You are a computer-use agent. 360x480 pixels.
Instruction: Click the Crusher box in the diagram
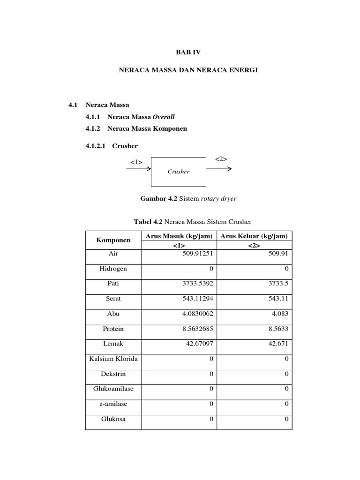179,172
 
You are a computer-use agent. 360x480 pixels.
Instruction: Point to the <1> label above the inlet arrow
136,162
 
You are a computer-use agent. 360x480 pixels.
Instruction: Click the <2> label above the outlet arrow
221,159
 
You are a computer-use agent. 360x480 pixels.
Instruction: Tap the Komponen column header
113,240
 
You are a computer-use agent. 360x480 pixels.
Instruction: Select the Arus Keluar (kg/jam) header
254,236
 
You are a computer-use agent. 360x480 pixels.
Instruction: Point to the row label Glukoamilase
113,389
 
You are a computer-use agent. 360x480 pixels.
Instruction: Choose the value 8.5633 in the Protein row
278,329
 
